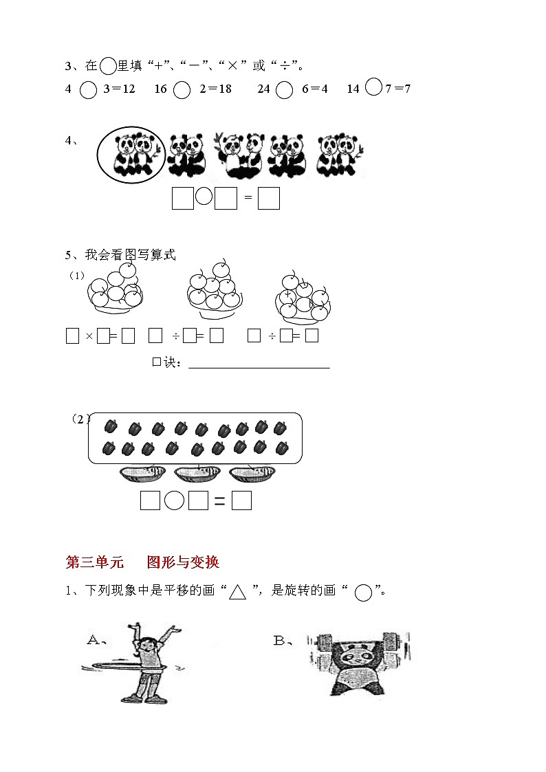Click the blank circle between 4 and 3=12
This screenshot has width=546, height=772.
[88, 90]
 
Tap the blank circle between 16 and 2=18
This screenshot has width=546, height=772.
[182, 90]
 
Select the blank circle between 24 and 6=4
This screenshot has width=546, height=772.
[284, 90]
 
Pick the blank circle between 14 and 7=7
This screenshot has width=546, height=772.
[373, 87]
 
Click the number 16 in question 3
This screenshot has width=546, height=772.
[161, 89]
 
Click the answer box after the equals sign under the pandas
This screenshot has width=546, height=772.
[269, 199]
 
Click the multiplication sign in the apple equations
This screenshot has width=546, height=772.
[89, 336]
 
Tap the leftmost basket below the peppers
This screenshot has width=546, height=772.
[143, 473]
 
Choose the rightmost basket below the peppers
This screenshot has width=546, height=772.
[252, 473]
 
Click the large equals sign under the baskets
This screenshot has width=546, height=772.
[220, 502]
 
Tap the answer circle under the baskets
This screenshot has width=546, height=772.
[175, 501]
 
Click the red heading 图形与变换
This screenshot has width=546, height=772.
[183, 562]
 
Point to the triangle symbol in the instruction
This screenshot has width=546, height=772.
[237, 592]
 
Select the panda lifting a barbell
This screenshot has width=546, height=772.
[360, 661]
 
